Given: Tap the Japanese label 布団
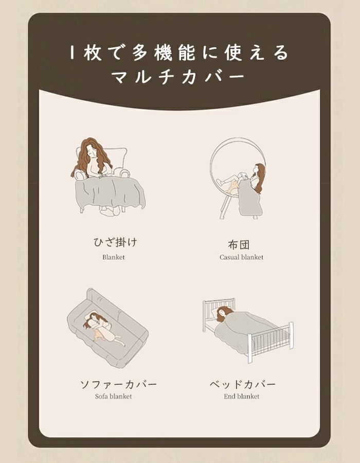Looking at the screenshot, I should tap(239, 244).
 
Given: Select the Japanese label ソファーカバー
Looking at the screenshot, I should tap(118, 384).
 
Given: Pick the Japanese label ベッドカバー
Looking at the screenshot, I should tap(243, 384).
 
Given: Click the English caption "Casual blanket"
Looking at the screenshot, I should tap(241, 257).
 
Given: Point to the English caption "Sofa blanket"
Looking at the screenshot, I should tap(113, 397).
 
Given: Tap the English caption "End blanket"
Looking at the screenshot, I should tap(242, 397).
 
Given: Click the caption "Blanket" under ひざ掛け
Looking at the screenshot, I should tap(113, 257).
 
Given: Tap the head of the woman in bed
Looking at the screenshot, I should tap(224, 312).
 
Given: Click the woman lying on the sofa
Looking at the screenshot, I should tap(103, 327).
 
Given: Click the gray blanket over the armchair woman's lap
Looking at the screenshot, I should tap(111, 193).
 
